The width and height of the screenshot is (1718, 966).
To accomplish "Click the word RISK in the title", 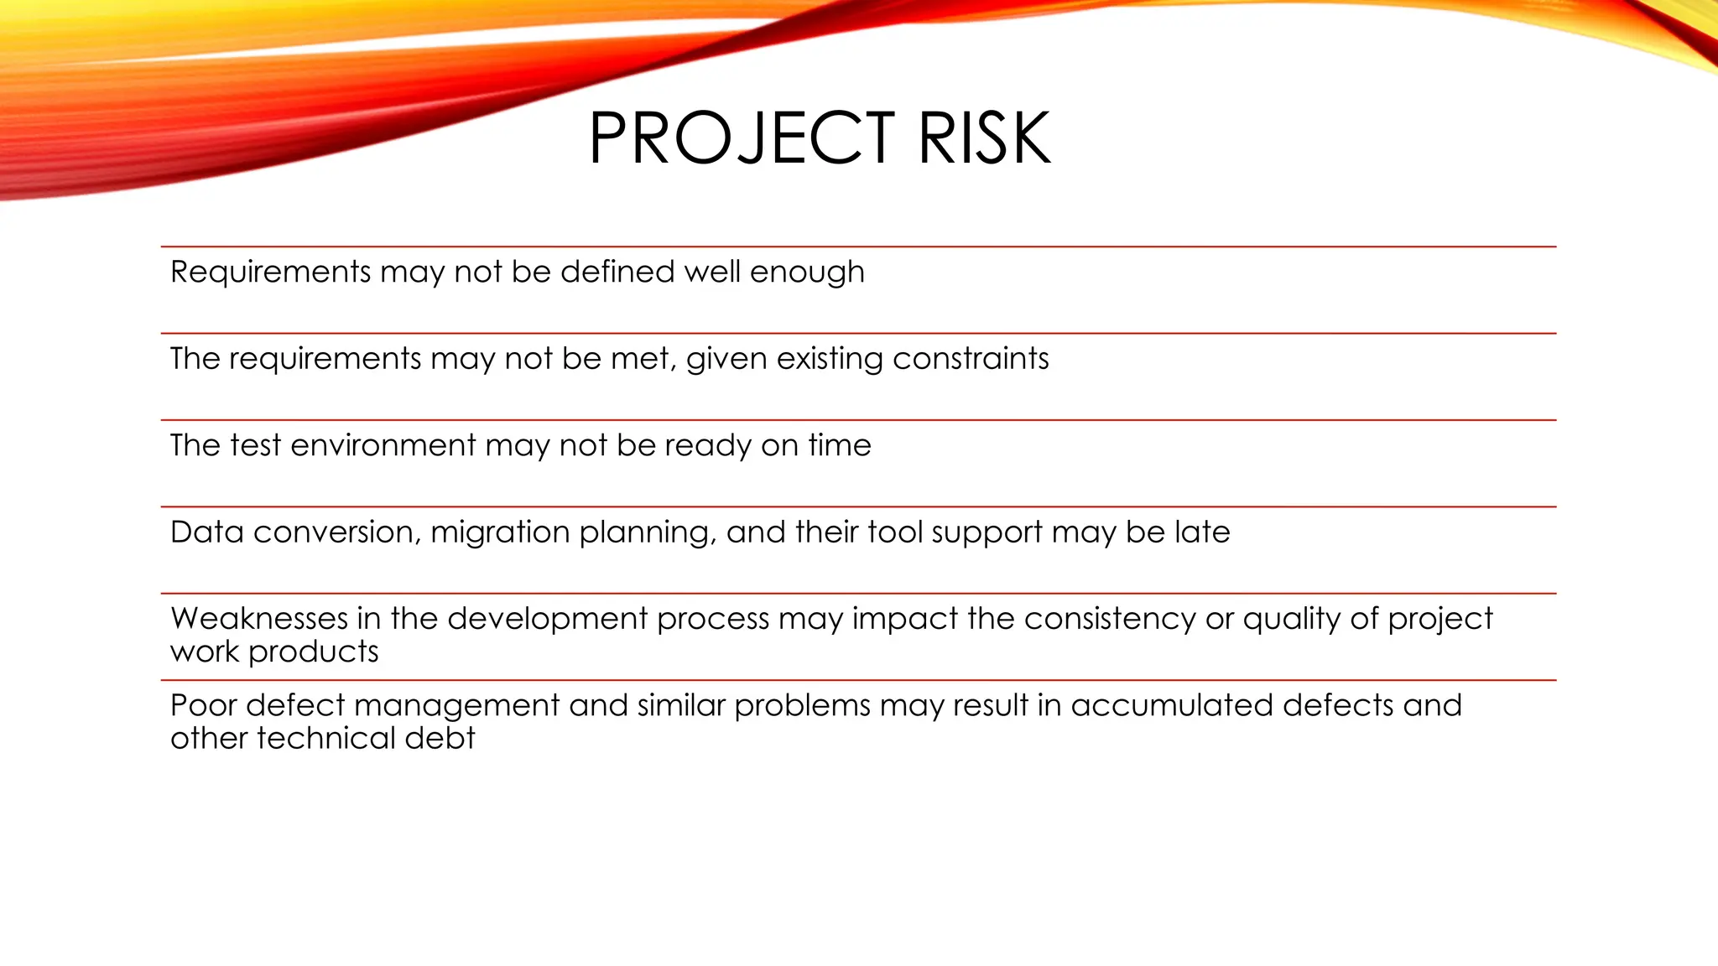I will [983, 138].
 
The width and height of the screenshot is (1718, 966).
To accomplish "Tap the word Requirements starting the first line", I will [270, 273].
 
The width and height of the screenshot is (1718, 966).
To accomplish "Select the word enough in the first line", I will [807, 273].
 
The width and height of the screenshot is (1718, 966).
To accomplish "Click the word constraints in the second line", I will [971, 359].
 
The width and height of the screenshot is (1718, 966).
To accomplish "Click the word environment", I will [383, 445].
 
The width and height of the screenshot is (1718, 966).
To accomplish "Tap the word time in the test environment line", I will [840, 445].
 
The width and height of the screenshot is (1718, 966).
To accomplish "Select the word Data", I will [206, 532].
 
